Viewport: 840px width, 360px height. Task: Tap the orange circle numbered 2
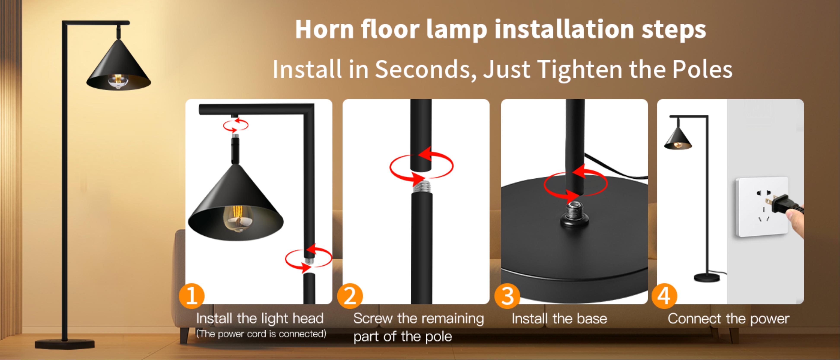pyautogui.click(x=349, y=296)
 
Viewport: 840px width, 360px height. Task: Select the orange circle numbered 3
pyautogui.click(x=507, y=296)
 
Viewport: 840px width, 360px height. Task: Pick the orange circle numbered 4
pyautogui.click(x=664, y=296)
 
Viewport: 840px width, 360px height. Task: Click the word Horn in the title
pyautogui.click(x=324, y=29)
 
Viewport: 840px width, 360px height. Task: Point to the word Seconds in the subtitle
pyautogui.click(x=426, y=69)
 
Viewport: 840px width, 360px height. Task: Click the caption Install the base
pyautogui.click(x=559, y=319)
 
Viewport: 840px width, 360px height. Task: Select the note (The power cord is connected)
pyautogui.click(x=261, y=334)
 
